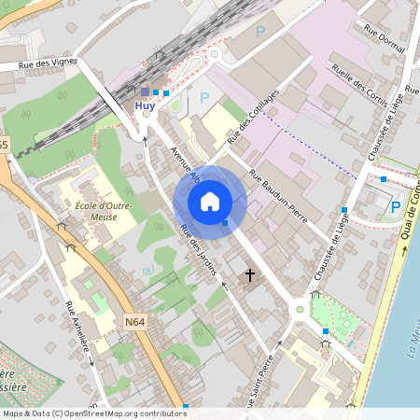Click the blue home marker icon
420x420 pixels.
coord(210,202)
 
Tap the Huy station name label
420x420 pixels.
coord(145,106)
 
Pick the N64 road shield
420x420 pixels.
coord(134,323)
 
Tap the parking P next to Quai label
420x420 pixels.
coord(395,206)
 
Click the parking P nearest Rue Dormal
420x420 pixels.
coord(260,32)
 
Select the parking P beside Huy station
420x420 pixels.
coord(203,98)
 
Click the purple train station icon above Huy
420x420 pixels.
coord(145,91)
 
